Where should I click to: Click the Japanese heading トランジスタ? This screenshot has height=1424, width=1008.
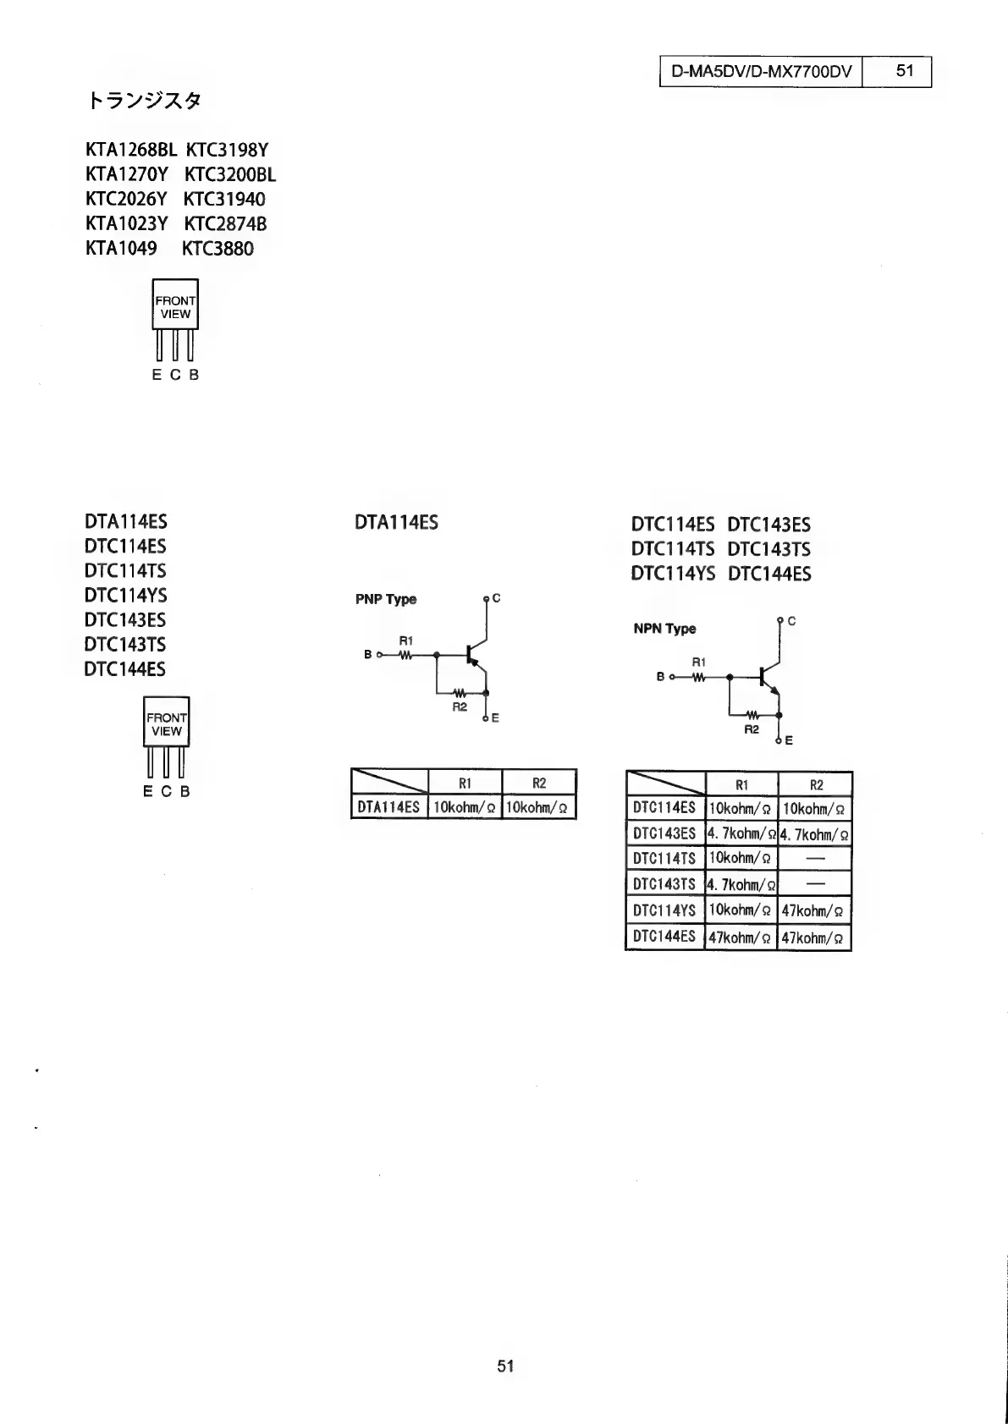(145, 102)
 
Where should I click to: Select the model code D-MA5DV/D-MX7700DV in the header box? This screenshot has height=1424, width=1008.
(761, 71)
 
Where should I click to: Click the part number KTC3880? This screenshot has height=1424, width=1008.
(218, 249)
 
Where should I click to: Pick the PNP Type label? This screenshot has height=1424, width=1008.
(386, 599)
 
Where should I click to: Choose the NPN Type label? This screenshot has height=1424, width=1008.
(664, 629)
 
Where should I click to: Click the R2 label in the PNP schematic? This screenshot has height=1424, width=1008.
(460, 707)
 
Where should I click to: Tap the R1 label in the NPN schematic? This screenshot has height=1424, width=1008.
(698, 662)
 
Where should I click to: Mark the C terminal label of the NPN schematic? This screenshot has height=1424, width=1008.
(791, 621)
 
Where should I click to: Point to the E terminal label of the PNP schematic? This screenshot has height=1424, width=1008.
(495, 718)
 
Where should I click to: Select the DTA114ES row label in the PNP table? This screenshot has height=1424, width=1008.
(388, 807)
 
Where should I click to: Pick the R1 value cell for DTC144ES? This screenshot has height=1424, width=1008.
(740, 937)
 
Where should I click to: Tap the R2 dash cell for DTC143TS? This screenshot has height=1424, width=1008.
(814, 884)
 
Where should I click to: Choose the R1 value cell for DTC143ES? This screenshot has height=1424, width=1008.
(741, 834)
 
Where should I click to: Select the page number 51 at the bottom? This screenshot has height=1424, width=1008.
(505, 1366)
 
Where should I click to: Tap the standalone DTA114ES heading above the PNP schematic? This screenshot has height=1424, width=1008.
(396, 523)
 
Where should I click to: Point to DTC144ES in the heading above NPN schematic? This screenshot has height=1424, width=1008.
(768, 575)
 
